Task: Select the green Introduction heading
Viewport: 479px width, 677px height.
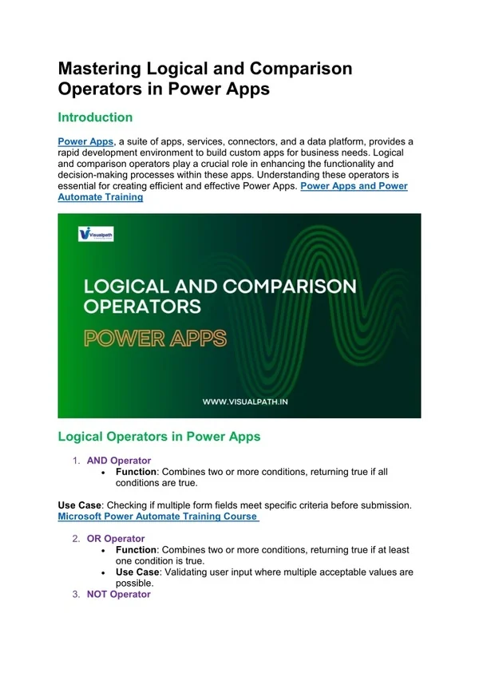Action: click(95, 117)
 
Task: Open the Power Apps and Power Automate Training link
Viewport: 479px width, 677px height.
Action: click(232, 192)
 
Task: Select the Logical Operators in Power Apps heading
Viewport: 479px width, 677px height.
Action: click(159, 437)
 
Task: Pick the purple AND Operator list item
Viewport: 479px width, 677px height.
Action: click(118, 461)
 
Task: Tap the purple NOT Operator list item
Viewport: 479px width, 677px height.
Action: click(118, 594)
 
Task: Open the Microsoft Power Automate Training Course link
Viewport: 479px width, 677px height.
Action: click(158, 517)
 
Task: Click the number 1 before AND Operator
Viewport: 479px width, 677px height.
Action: click(76, 461)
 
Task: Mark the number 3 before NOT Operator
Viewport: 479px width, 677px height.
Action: click(76, 594)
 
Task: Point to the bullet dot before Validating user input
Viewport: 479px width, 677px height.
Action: click(106, 572)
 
